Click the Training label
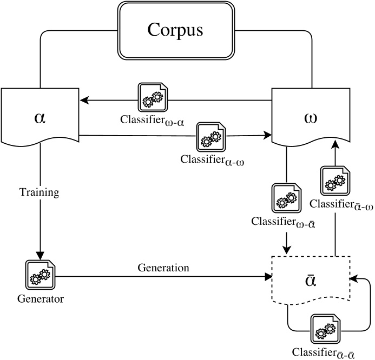coord(39,192)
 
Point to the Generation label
coord(163,268)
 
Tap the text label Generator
coord(40,299)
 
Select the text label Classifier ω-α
coord(153,122)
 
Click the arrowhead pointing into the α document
coord(84,100)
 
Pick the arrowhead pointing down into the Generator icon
coord(40,255)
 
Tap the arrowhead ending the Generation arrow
coord(268,277)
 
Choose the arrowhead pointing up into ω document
coord(334,144)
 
